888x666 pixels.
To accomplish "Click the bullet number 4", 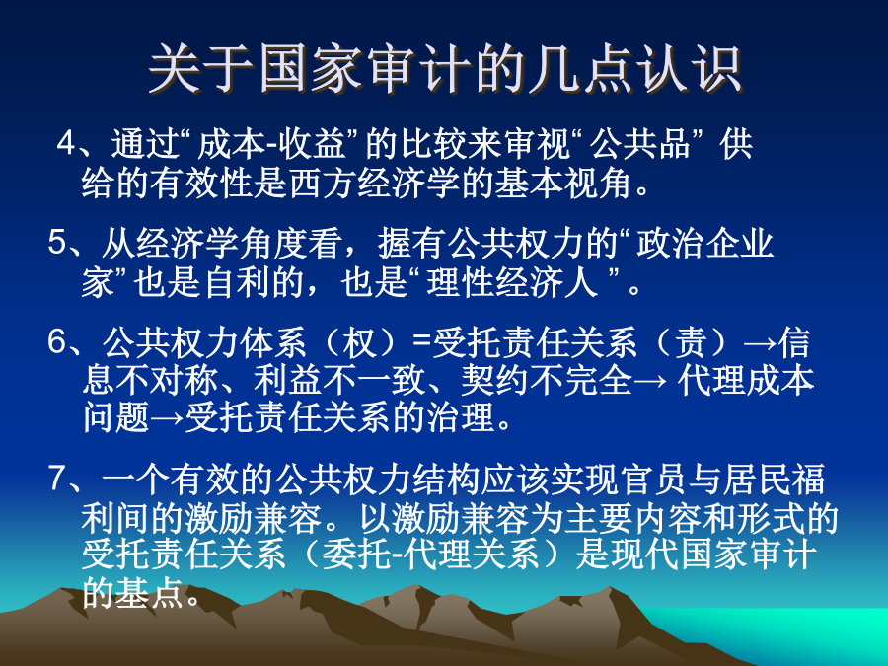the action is (66, 145).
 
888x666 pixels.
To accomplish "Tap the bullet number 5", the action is (57, 244).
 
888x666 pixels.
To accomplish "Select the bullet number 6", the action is (57, 342).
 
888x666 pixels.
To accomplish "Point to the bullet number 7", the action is (57, 480).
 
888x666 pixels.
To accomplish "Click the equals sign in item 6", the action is (422, 343).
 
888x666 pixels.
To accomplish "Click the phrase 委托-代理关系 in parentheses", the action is (430, 554).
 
